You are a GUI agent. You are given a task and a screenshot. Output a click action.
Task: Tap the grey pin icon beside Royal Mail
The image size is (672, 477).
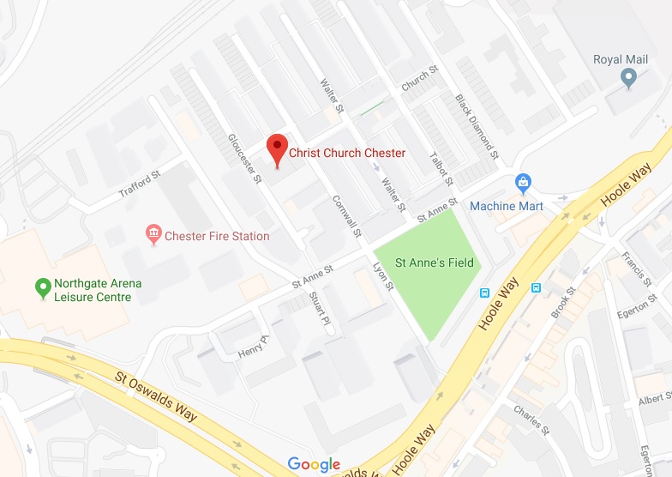628,79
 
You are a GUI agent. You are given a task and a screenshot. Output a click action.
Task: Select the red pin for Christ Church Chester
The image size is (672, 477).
276,149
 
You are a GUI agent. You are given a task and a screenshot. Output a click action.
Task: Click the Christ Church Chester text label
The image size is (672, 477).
347,154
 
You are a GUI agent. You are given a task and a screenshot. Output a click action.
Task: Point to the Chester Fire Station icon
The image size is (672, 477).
154,234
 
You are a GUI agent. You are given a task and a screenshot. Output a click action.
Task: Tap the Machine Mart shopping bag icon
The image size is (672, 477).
523,184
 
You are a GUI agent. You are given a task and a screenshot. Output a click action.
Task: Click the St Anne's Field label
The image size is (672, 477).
435,263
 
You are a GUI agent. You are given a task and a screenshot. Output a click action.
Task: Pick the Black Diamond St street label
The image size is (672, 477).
477,127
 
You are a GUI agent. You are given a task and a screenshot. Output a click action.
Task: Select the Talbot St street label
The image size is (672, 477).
441,169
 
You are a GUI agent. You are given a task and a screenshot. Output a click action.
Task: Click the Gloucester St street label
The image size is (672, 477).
244,159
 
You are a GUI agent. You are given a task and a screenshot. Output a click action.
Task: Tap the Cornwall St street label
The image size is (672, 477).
347,216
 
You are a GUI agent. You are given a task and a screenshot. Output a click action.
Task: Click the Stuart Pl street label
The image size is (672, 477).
320,311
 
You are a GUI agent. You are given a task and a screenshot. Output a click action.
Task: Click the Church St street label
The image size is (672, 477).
416,81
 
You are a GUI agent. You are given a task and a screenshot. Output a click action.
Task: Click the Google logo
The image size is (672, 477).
314,464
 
